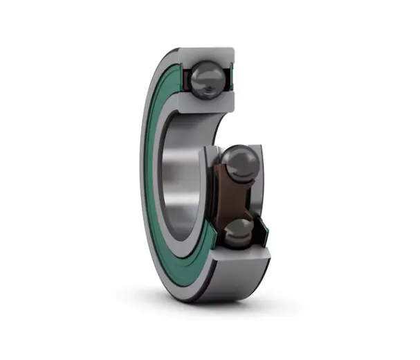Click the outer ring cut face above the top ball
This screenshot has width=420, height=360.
(208, 54)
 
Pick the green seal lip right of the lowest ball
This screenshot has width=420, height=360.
(261, 231)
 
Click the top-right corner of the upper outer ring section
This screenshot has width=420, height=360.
(233, 49)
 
